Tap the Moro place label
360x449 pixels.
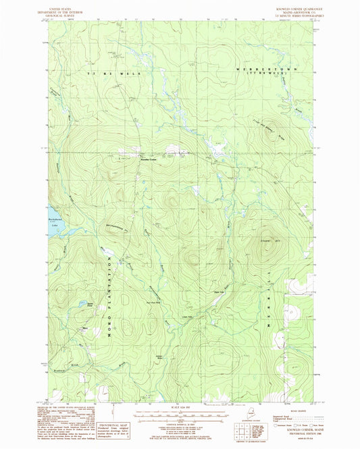[x=84, y=329]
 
